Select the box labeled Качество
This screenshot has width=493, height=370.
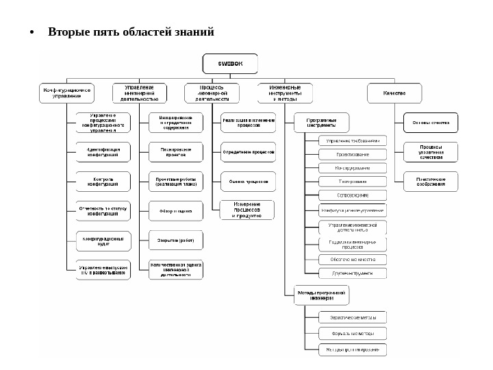coord(394,92)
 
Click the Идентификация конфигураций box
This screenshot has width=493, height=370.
coord(103,152)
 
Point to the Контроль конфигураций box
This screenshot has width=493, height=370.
coord(103,181)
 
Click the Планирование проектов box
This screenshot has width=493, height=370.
coord(176,152)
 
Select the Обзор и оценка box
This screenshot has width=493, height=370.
coord(176,211)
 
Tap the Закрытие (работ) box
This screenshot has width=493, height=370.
coord(176,240)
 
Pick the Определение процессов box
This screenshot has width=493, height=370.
coord(249,152)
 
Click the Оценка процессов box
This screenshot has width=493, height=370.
coord(249,181)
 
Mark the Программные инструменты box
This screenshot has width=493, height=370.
coord(321,123)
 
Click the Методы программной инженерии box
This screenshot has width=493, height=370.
coord(321,295)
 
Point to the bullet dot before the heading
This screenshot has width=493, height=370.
coord(32,33)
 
